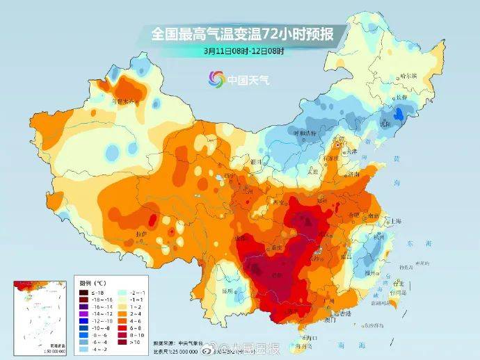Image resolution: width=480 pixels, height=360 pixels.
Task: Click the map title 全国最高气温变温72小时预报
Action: click(x=240, y=33)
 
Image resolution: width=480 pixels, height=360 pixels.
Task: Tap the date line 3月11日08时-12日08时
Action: click(x=240, y=50)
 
